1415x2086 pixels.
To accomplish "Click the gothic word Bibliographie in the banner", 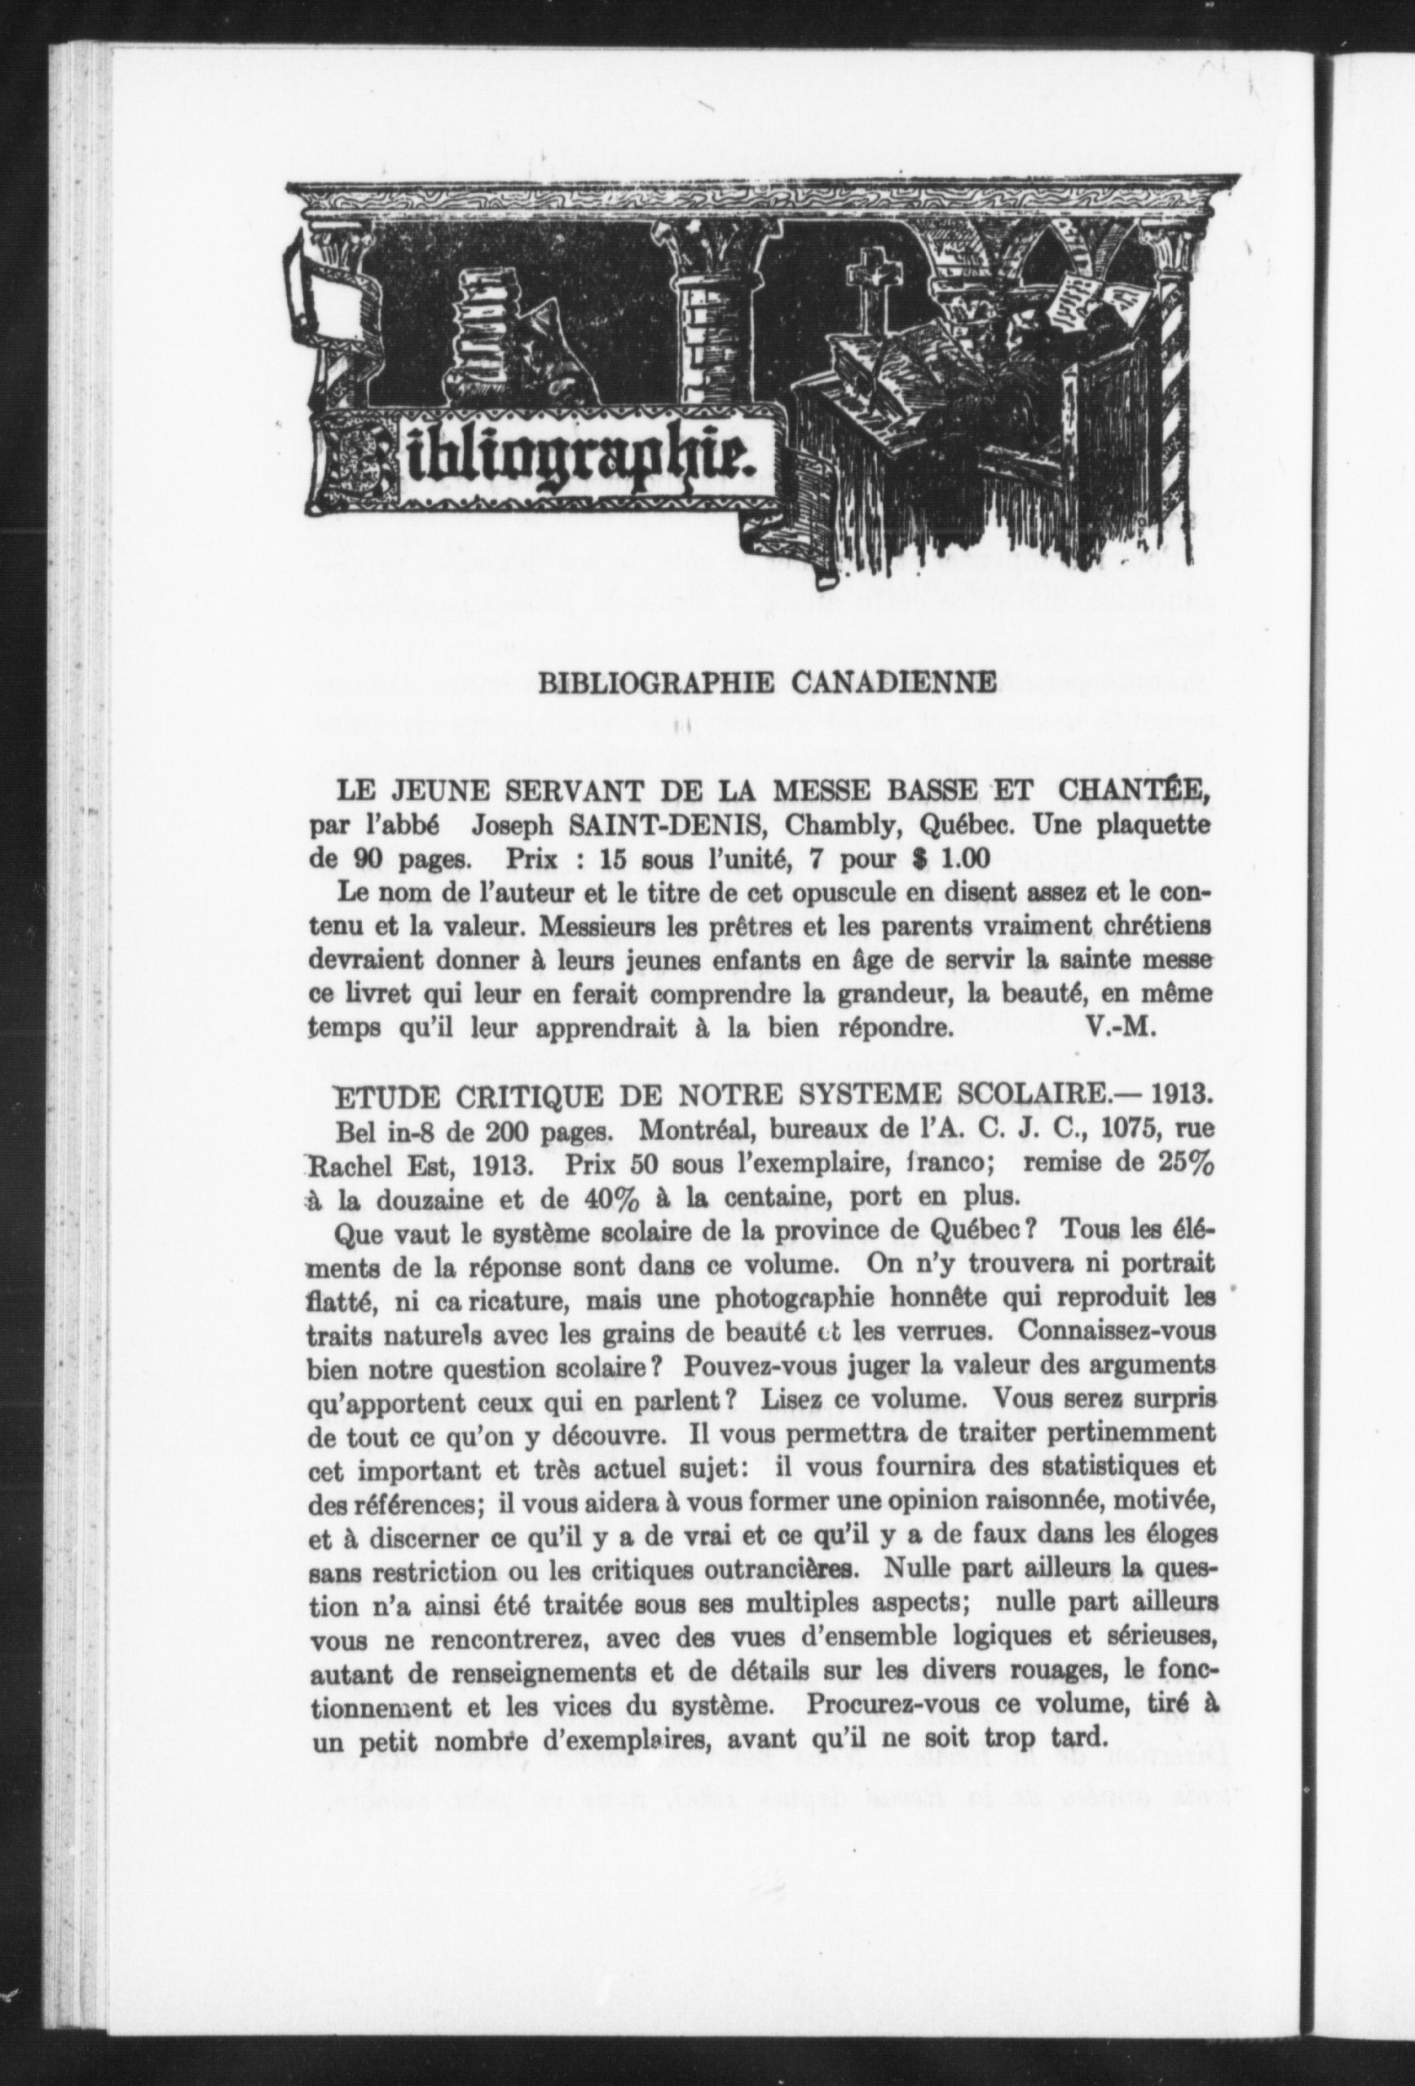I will (548, 460).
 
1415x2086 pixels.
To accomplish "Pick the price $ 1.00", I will (950, 858).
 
